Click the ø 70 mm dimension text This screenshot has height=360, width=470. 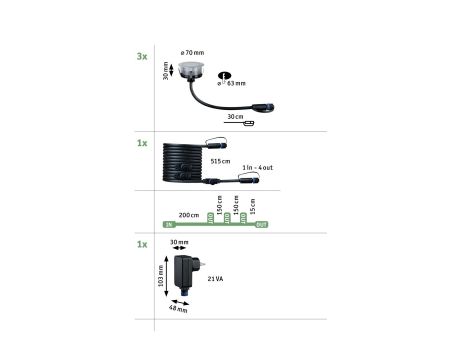[192, 51]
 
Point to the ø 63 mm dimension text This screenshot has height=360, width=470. [236, 84]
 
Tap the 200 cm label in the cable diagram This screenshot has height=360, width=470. [187, 215]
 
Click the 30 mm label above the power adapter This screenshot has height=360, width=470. [179, 242]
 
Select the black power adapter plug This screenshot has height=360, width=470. [187, 271]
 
